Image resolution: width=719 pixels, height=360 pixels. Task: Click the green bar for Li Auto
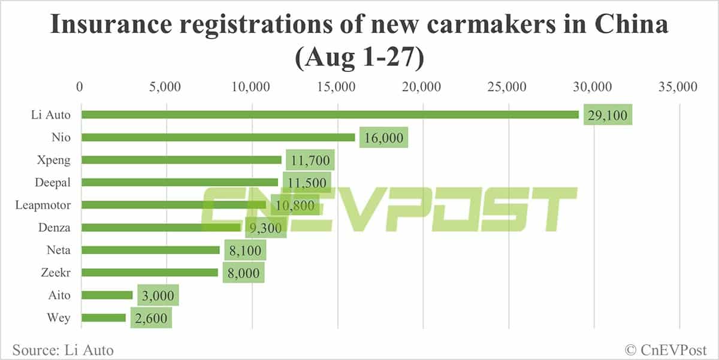tap(330, 114)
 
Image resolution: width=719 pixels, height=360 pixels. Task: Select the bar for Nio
tap(218, 137)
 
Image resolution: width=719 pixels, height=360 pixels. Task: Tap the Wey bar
tap(103, 317)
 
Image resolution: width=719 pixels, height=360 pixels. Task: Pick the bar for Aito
tap(107, 295)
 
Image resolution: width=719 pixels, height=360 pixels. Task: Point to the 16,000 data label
tap(383, 138)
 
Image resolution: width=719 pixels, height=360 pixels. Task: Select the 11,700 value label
tap(310, 161)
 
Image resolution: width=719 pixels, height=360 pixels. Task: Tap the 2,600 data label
tap(149, 317)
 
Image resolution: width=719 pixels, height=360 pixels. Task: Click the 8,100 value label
tap(245, 250)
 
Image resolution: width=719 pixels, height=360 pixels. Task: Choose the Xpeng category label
tap(54, 160)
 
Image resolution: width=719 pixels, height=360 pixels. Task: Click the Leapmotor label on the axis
tap(43, 205)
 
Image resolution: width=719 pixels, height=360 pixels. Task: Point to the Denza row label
tap(55, 228)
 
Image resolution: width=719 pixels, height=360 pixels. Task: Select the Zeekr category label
tap(55, 273)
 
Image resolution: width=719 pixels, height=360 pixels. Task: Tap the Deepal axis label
tap(53, 182)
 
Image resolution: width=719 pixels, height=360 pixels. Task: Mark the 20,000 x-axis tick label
tap(423, 87)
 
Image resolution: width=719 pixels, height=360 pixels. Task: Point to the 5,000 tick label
tap(166, 87)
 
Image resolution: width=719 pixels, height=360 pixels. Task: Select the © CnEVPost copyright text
tap(665, 349)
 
